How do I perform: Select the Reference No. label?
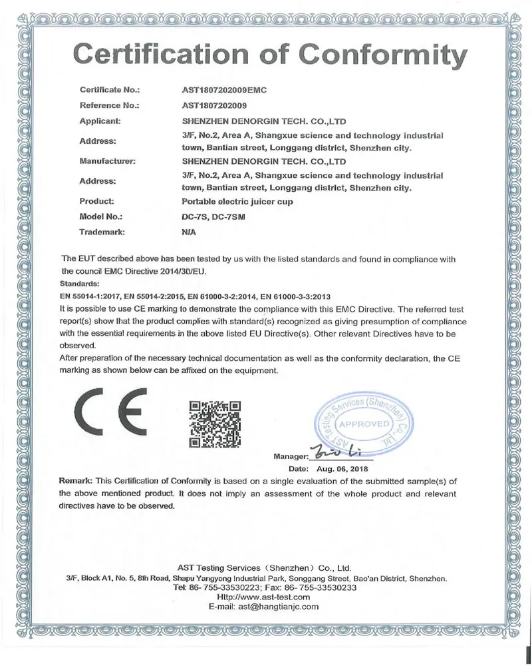109,105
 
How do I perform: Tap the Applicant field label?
99,121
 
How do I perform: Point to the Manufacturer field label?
108,161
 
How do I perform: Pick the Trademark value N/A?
188,232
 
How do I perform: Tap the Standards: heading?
80,284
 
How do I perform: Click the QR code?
214,424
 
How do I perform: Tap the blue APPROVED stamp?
364,424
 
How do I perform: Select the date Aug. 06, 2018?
344,469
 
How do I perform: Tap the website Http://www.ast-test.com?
265,597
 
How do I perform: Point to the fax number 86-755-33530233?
325,588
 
